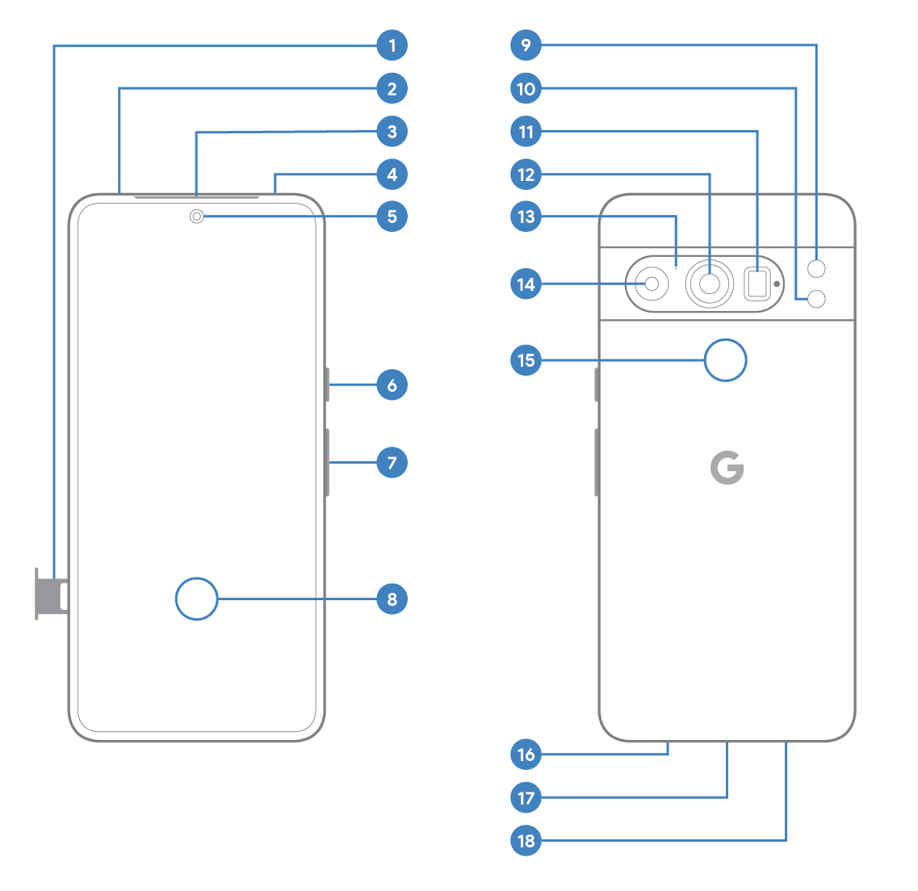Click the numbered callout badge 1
(x=392, y=45)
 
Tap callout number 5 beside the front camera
(x=392, y=216)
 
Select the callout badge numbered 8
(x=392, y=599)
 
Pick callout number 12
(x=526, y=174)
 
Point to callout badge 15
(x=526, y=360)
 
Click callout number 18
(x=526, y=841)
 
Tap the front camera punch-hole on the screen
(x=196, y=216)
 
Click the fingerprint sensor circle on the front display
(x=196, y=599)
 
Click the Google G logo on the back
(x=727, y=468)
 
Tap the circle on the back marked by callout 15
(x=725, y=360)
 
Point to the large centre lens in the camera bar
(x=710, y=284)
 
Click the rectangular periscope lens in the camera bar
(x=757, y=284)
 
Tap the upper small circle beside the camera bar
(x=816, y=268)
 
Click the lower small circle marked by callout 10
(x=816, y=299)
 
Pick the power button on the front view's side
(x=327, y=385)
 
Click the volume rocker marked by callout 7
(x=327, y=463)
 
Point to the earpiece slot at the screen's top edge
(x=196, y=197)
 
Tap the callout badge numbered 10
(x=526, y=89)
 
